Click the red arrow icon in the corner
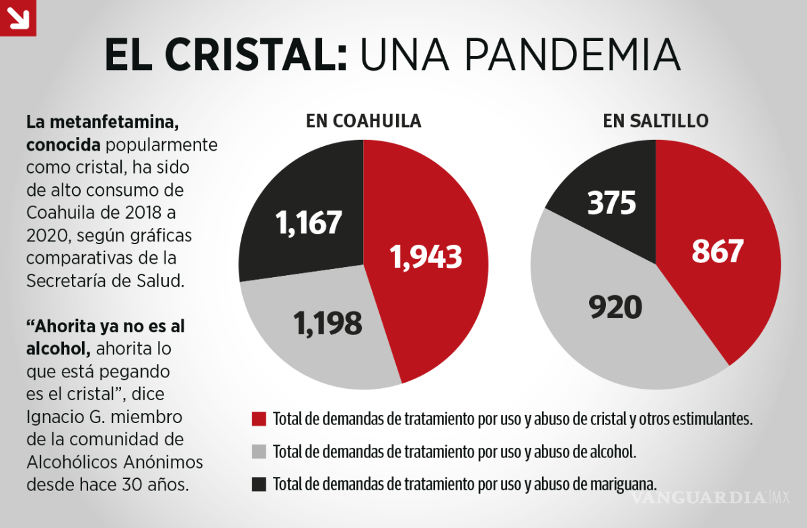click(17, 17)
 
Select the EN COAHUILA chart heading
click(363, 121)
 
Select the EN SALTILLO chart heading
click(655, 121)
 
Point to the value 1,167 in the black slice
click(309, 223)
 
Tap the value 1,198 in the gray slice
click(328, 324)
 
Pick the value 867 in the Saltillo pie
click(718, 251)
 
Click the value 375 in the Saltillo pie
click(611, 202)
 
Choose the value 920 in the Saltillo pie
click(615, 307)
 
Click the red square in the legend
click(259, 419)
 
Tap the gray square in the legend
click(259, 451)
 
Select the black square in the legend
click(259, 484)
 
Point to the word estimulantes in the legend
click(714, 419)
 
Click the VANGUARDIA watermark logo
click(699, 498)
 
